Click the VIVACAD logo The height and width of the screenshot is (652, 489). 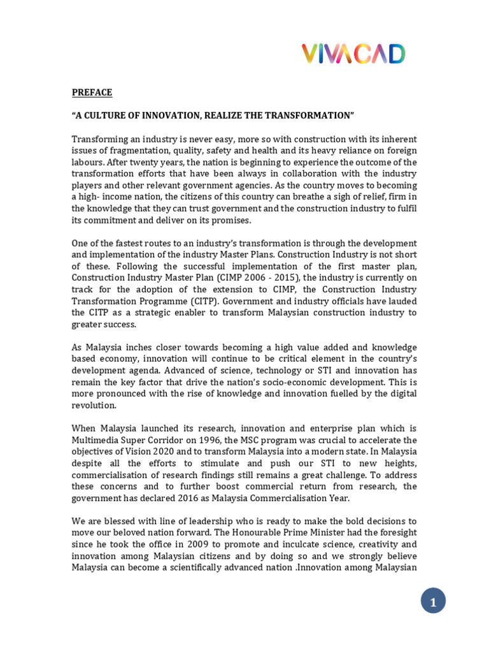[x=353, y=54]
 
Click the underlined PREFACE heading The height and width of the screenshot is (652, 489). [x=92, y=92]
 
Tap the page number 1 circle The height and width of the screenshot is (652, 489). [x=433, y=601]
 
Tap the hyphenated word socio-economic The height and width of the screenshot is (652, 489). [x=293, y=382]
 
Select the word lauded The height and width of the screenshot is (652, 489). [x=402, y=301]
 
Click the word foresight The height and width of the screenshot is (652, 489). [x=395, y=532]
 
